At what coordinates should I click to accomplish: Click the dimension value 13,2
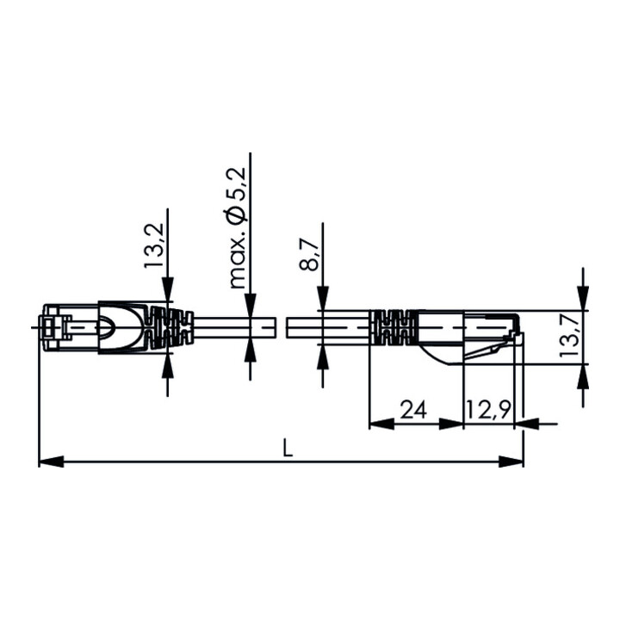pyautogui.click(x=153, y=245)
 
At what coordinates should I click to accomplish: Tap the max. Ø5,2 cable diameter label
pyautogui.click(x=238, y=228)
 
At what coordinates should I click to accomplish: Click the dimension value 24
pyautogui.click(x=414, y=409)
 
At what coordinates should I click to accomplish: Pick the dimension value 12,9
pyautogui.click(x=489, y=410)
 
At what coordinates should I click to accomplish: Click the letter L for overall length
pyautogui.click(x=288, y=449)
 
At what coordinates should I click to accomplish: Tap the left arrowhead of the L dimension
pyautogui.click(x=51, y=462)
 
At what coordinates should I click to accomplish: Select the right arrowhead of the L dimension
pyautogui.click(x=511, y=462)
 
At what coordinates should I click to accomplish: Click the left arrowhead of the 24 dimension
pyautogui.click(x=381, y=425)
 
